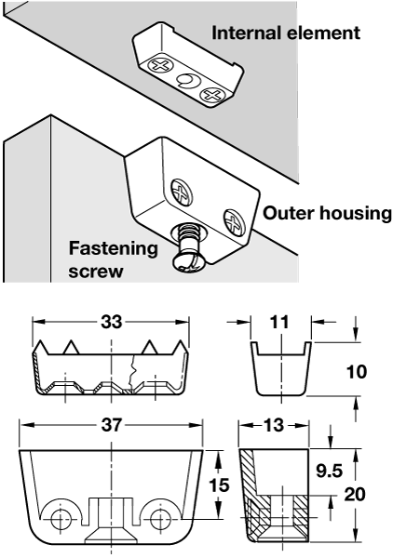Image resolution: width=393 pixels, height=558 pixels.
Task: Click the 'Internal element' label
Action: tap(286, 33)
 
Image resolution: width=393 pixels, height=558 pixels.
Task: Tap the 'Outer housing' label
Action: tap(327, 213)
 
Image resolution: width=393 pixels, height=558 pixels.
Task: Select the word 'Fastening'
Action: tap(114, 249)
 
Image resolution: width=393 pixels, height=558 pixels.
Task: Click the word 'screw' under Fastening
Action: tap(96, 272)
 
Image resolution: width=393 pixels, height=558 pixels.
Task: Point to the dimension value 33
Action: tap(111, 322)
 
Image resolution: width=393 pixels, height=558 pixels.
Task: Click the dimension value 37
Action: tap(112, 425)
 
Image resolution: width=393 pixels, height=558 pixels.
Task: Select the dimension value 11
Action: tap(279, 322)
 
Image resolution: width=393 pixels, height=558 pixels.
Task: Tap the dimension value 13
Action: tap(274, 425)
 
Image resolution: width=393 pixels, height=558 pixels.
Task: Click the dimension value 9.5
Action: tap(330, 471)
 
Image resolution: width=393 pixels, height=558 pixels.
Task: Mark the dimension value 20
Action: tap(355, 495)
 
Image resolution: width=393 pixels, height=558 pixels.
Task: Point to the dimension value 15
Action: tap(219, 485)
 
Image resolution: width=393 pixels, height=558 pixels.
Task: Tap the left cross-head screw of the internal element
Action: tap(160, 66)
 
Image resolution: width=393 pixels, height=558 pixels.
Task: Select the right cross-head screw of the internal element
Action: tap(210, 96)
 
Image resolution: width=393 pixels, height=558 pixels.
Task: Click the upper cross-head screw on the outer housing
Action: tap(182, 193)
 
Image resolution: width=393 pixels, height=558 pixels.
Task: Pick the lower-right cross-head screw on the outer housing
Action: tap(233, 223)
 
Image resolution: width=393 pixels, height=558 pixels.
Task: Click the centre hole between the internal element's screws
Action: tap(186, 81)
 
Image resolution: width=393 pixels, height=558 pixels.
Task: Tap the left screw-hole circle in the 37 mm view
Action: tap(60, 520)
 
